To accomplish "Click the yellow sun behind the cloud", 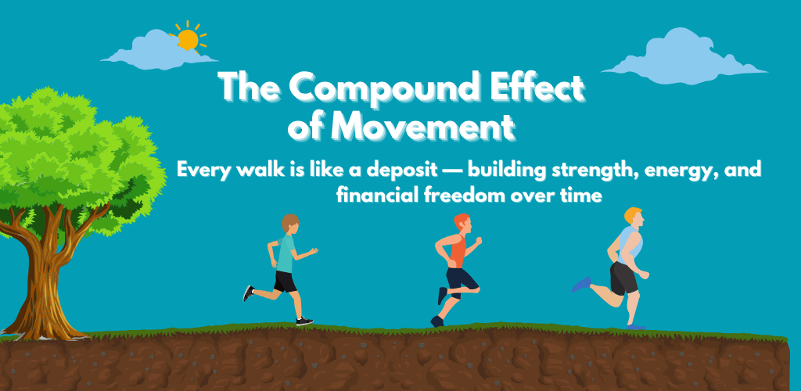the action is click(x=188, y=39).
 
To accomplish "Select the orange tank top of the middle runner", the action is click(x=457, y=250).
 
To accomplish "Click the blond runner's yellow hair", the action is click(x=632, y=213).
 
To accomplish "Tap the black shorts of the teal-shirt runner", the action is click(x=286, y=282).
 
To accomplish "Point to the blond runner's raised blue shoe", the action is click(x=581, y=285).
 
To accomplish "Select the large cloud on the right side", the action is click(x=684, y=56).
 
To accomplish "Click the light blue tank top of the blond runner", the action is click(x=630, y=245).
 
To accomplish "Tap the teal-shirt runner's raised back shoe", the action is click(x=248, y=293).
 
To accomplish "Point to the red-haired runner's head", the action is click(x=463, y=223).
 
